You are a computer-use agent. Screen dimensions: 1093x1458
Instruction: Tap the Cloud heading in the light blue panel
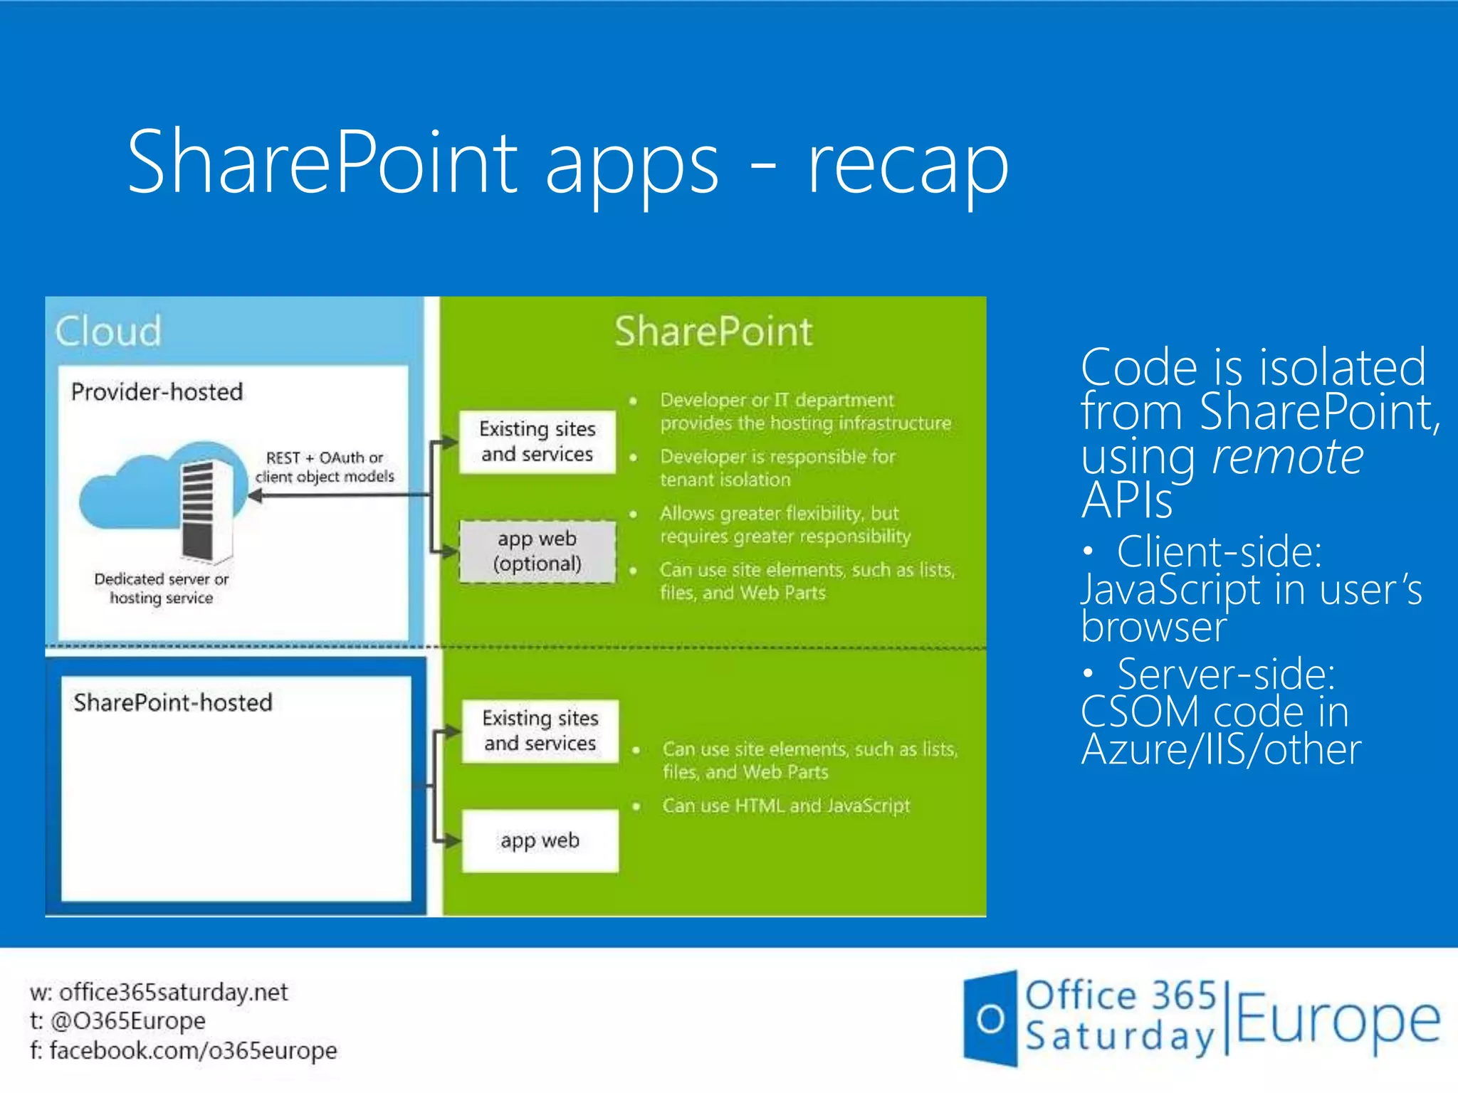pos(108,331)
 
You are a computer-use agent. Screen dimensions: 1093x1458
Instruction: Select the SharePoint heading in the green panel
pos(713,332)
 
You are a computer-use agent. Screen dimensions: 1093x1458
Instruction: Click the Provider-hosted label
pos(157,392)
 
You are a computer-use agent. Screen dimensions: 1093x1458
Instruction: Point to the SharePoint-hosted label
pos(173,703)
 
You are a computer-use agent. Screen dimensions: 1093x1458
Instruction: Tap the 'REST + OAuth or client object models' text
pos(325,467)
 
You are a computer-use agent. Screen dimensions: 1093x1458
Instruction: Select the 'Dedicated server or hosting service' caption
pos(162,588)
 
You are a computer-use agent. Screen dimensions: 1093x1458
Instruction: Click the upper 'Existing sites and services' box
pos(537,441)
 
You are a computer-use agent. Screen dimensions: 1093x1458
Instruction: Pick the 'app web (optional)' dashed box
pos(537,551)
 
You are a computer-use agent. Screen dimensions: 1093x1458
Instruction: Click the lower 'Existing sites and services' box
pos(540,731)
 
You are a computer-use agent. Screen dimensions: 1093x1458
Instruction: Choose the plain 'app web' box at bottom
pos(540,840)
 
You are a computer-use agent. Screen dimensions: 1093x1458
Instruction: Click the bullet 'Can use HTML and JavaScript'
pos(786,806)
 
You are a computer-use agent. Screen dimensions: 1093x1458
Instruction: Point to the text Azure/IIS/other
pos(1220,749)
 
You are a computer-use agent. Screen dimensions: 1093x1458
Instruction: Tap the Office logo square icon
pos(990,1018)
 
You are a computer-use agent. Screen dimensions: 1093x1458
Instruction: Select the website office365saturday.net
pos(173,992)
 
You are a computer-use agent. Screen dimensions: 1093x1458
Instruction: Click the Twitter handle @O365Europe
pos(127,1021)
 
